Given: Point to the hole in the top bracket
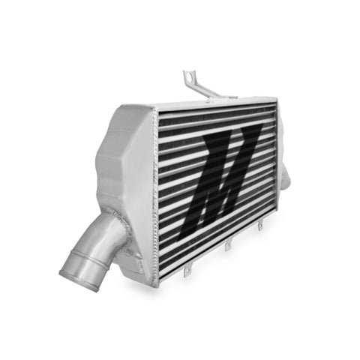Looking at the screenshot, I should pyautogui.click(x=188, y=76).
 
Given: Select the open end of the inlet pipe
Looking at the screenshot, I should pyautogui.click(x=76, y=269).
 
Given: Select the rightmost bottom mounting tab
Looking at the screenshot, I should pyautogui.click(x=259, y=224).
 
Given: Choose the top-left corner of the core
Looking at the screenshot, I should pyautogui.click(x=155, y=112).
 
